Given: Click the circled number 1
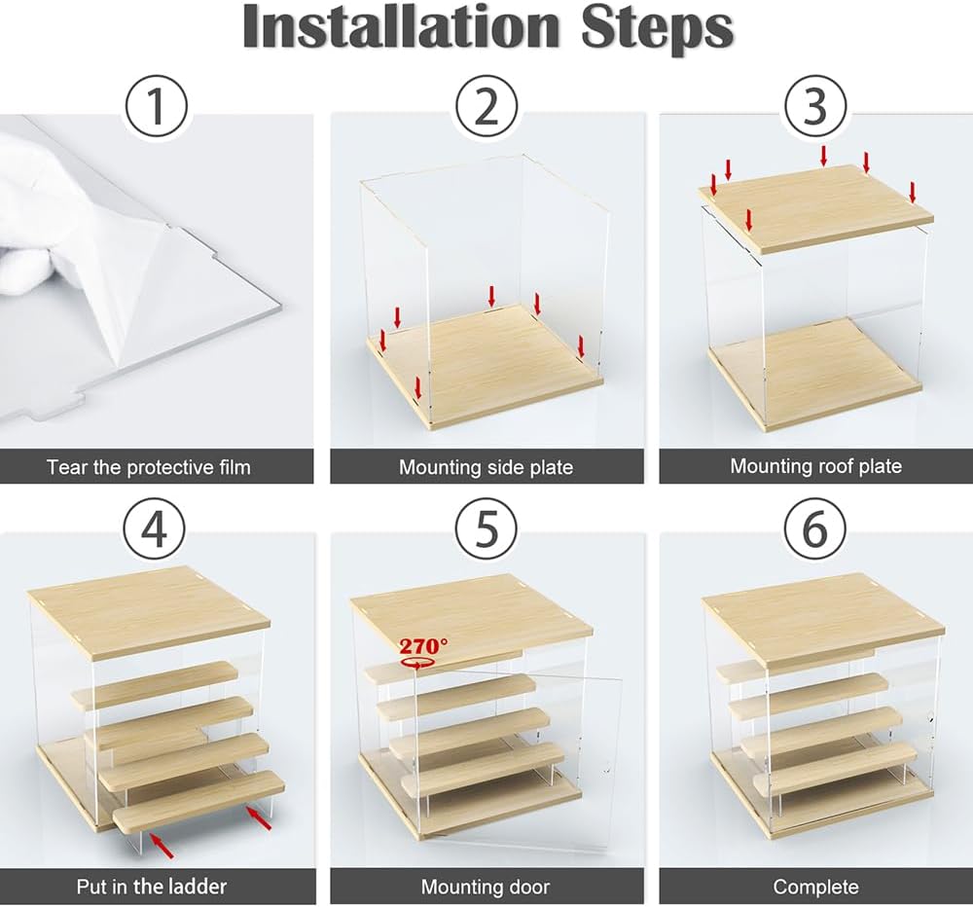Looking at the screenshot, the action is point(157,106).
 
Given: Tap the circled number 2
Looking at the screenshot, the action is point(486,106).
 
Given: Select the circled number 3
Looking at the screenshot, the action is point(815,106).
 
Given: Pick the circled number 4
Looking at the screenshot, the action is point(154,529).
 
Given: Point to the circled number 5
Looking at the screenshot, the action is point(486,529).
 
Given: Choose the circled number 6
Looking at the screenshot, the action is point(815,529).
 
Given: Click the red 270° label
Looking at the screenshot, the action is point(422,646).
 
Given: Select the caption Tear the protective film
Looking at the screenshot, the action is point(148,467).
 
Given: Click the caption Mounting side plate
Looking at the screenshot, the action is point(486,467).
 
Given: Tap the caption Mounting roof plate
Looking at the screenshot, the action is point(815,465).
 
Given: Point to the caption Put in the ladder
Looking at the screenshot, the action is point(152,886).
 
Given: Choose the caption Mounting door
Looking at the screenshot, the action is point(486,887).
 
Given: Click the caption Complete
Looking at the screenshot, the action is point(815,888).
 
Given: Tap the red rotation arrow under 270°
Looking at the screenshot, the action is point(417,663).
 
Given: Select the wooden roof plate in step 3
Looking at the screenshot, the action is point(815,208).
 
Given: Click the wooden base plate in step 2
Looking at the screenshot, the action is point(486,365).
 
